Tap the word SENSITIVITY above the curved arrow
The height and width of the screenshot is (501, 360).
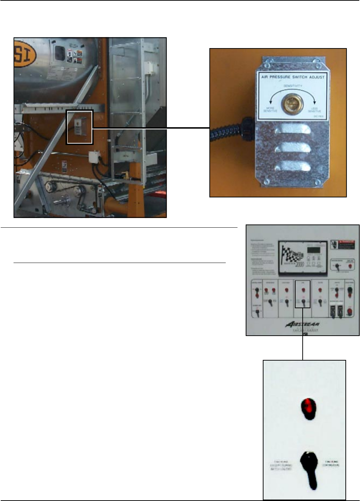coord(293,86)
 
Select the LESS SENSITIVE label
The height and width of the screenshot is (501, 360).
coord(314,110)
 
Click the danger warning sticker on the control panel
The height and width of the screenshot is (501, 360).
coord(344,244)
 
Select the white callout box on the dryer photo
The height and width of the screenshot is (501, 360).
coord(79,127)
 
